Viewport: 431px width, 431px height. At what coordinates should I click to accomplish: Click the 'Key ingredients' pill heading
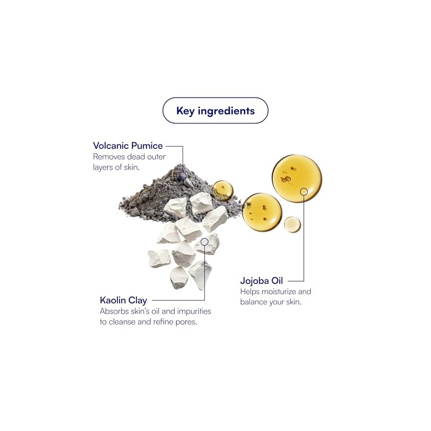coord(215,110)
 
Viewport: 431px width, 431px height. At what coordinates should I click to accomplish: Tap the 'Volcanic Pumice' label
coord(128,145)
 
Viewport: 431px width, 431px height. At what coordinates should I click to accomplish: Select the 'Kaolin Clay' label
coord(123,300)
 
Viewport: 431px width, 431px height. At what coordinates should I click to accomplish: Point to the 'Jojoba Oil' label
coord(261,281)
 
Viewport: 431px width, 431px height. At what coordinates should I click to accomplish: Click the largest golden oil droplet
coord(297,178)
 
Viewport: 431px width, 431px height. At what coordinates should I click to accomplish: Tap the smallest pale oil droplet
coord(292,224)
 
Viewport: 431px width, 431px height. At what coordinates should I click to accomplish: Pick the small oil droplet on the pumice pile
coord(223,191)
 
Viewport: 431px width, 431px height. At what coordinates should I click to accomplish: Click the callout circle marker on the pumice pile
coord(183,176)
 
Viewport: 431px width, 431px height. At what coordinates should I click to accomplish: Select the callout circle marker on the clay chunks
coord(204,242)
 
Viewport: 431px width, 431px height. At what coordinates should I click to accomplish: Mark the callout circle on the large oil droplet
coord(304,192)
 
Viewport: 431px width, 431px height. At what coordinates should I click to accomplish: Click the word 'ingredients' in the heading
coord(226,111)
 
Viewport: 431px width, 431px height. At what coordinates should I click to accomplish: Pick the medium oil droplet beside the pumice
coord(262,212)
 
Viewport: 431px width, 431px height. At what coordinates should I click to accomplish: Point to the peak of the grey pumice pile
coord(180,165)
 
